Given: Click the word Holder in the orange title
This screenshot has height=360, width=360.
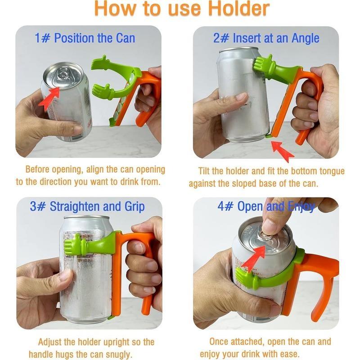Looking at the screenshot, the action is coord(239,9).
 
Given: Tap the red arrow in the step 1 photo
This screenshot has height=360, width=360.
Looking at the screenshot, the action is coord(49,99).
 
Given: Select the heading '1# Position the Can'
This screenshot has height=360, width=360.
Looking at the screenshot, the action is coord(85,38).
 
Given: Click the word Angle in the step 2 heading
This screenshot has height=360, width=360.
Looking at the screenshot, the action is coord(306,38).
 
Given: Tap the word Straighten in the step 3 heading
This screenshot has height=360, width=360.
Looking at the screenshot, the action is coord(75,207).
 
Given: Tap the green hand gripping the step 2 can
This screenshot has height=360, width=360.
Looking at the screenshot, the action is coord(262,63).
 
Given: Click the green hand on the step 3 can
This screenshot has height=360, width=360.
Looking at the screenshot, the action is coord(73,244).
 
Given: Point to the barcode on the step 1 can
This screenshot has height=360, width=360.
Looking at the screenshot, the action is coord(77,137).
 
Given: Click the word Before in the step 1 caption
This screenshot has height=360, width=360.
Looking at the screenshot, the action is coord(37,169).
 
